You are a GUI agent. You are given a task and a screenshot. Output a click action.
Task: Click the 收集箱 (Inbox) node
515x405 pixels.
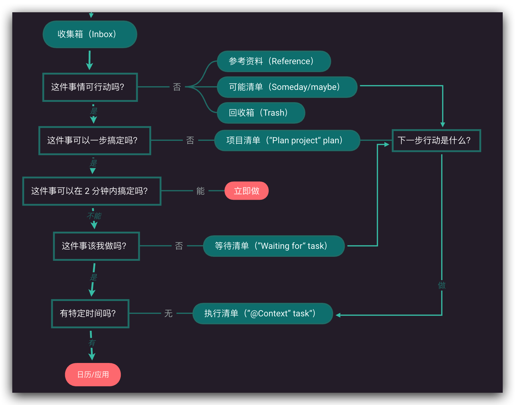[x=90, y=34]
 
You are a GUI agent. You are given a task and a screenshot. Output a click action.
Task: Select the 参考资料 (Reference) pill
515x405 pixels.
[x=274, y=61]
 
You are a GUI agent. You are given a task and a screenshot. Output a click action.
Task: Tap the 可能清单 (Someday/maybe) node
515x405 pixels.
[x=287, y=87]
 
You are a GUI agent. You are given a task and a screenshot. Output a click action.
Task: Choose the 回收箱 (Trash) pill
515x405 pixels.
[x=261, y=113]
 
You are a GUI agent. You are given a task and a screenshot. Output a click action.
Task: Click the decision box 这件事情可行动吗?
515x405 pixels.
[x=90, y=87]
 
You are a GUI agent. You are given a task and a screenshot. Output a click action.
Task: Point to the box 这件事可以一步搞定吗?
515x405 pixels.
[x=95, y=141]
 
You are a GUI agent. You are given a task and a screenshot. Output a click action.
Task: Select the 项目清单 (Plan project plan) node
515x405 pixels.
[x=287, y=141]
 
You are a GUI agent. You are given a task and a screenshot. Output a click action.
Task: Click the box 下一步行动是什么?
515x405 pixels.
[x=436, y=141]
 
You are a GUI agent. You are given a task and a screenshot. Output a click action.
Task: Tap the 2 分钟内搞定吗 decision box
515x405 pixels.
[x=92, y=191]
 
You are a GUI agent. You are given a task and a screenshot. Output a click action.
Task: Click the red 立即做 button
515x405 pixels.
[x=246, y=191]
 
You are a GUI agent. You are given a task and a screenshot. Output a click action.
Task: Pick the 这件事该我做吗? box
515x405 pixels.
[x=96, y=246]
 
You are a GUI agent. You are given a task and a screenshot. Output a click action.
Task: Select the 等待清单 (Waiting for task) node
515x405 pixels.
[x=273, y=246]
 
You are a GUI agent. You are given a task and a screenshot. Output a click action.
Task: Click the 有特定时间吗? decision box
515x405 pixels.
[x=90, y=314]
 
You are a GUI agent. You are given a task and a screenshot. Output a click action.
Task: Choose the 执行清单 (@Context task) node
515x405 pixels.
[x=263, y=314]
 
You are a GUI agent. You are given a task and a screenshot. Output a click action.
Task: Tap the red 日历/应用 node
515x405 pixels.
[x=93, y=375]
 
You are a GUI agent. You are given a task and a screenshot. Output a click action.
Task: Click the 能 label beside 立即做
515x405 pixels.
[x=200, y=191]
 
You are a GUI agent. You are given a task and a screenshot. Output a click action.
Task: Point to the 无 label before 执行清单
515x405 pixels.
[x=168, y=314]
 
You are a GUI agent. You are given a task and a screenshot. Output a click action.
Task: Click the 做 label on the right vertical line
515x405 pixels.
[x=442, y=285]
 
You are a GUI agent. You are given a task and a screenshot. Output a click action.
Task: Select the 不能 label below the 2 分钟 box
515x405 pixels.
[x=94, y=216]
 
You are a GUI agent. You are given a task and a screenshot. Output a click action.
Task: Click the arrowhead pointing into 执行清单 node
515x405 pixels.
[x=338, y=315]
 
